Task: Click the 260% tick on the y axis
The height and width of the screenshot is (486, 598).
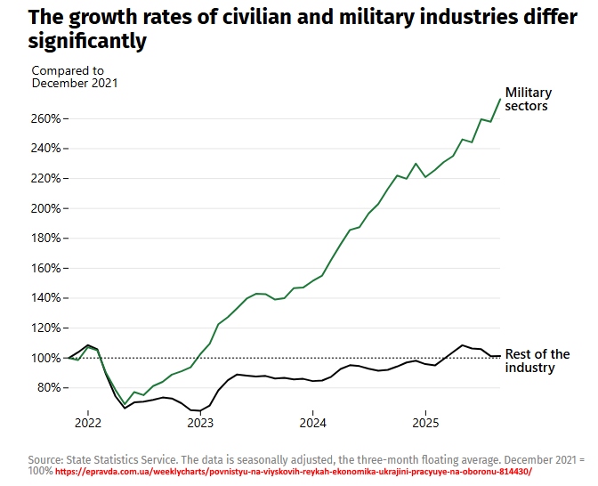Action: pyautogui.click(x=47, y=118)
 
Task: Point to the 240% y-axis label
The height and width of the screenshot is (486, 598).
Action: pyautogui.click(x=47, y=149)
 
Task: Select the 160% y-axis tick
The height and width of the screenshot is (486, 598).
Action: pyautogui.click(x=47, y=268)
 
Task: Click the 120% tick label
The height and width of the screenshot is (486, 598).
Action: pyautogui.click(x=47, y=328)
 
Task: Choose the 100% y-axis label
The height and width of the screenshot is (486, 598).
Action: pyautogui.click(x=47, y=358)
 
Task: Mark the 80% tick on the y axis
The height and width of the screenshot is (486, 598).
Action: pyautogui.click(x=50, y=387)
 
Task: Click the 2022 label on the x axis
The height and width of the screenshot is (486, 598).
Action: pyautogui.click(x=88, y=422)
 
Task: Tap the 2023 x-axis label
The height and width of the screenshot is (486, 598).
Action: pyautogui.click(x=200, y=422)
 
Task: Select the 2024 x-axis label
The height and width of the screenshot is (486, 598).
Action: pyautogui.click(x=313, y=422)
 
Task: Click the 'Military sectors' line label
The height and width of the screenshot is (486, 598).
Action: pyautogui.click(x=529, y=99)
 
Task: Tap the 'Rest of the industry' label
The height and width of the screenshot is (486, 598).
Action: pyautogui.click(x=537, y=361)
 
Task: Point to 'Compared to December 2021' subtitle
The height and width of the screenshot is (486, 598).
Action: pyautogui.click(x=75, y=77)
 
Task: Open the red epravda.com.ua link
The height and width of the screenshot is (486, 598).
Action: pyautogui.click(x=293, y=472)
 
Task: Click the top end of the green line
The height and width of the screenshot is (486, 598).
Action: pyautogui.click(x=500, y=99)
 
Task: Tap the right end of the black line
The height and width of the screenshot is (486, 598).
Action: pyautogui.click(x=500, y=356)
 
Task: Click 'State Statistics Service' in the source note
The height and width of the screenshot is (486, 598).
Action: pyautogui.click(x=122, y=459)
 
